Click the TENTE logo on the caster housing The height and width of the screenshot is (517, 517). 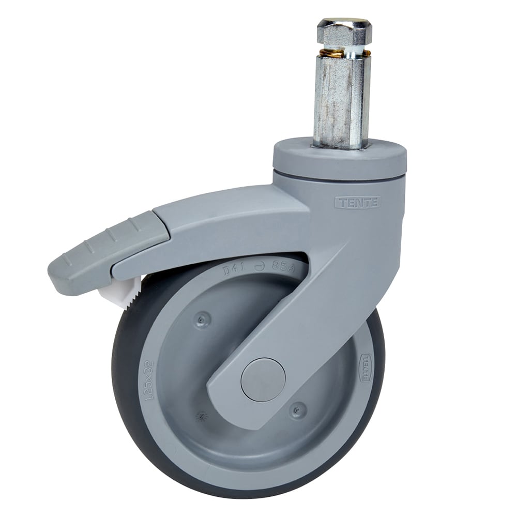[357, 203]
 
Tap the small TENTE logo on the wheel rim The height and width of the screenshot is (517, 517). [366, 368]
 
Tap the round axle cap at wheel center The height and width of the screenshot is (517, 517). [263, 379]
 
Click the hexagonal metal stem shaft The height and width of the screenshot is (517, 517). [341, 98]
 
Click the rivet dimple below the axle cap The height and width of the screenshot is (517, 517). [298, 410]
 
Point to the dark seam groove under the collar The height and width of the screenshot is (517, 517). [340, 177]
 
